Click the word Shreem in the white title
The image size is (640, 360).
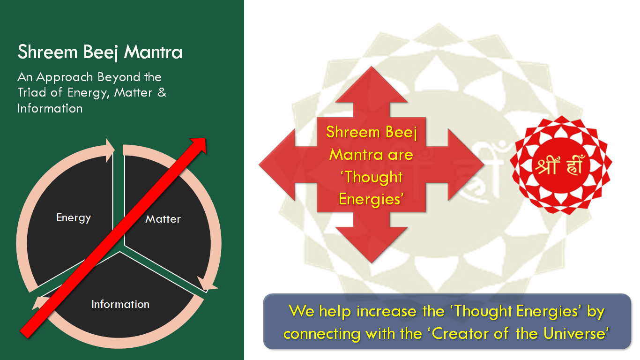tap(47, 52)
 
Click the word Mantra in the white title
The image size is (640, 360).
tap(153, 52)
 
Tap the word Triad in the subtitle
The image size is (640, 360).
tap(32, 92)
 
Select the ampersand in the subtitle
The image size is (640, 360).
tap(162, 92)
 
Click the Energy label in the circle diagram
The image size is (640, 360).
tap(74, 218)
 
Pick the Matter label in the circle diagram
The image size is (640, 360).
tap(163, 219)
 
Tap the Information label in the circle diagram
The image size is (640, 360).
tap(120, 304)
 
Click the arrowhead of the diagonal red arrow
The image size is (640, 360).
tap(200, 144)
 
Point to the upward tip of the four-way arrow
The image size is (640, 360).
tap(372, 67)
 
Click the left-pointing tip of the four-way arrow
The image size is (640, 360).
tap(259, 165)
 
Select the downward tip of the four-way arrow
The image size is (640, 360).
tap(372, 262)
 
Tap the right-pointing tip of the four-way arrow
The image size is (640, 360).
tap(484, 165)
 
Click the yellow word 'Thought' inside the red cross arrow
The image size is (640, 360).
tap(372, 177)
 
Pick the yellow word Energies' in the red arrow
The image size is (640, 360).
tap(371, 199)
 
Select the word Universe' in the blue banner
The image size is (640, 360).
tap(576, 333)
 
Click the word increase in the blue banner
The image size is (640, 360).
tap(386, 311)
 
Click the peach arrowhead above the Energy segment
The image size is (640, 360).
tap(110, 150)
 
